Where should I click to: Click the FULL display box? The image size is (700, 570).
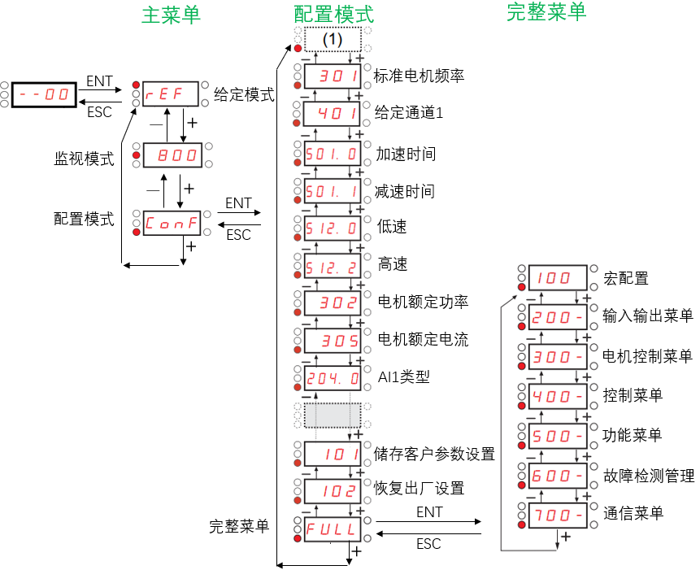332,529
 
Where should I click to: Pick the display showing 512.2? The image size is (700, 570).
332,265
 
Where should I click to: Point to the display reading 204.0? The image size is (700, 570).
332,377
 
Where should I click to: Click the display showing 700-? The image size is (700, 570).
558,515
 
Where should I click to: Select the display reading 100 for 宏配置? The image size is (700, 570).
558,278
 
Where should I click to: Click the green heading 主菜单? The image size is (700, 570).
171,15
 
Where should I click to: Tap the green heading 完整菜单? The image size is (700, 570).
546,12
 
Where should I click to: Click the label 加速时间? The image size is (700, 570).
405,154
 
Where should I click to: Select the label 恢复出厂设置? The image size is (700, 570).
420,489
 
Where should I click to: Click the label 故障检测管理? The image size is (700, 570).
649,476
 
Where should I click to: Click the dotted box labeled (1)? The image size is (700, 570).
332,39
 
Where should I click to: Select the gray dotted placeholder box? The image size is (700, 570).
332,415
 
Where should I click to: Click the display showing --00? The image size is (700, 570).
44,95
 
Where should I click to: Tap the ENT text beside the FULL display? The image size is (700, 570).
429,513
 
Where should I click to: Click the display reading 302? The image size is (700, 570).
332,302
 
